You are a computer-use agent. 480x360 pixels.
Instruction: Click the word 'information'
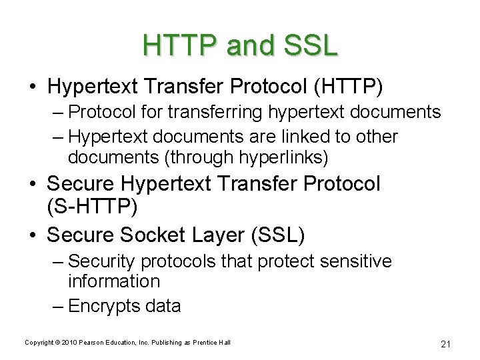point(113,281)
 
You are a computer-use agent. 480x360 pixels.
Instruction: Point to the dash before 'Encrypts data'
point(59,306)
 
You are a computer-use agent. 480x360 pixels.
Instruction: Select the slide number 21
point(446,344)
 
